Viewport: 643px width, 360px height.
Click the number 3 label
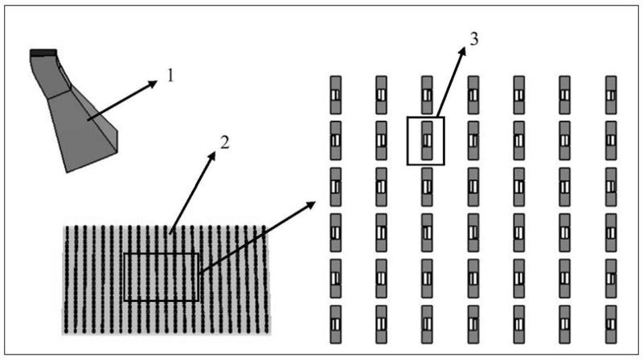(x=474, y=40)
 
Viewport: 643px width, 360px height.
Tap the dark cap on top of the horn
(x=43, y=53)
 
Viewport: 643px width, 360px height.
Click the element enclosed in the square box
(x=426, y=140)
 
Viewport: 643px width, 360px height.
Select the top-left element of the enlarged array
(x=335, y=95)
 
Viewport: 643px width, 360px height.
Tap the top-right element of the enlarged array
(x=612, y=95)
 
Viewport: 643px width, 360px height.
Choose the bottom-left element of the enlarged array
(x=335, y=323)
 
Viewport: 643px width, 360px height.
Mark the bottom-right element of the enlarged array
(x=612, y=323)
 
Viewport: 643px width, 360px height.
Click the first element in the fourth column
(x=473, y=95)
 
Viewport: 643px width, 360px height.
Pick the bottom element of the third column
(x=427, y=323)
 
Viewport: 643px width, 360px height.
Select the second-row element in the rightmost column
(x=612, y=140)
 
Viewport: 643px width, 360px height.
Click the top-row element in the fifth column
(x=519, y=95)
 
